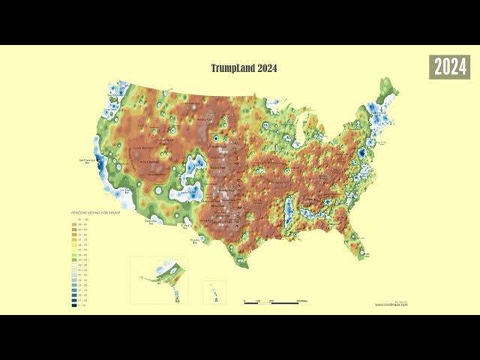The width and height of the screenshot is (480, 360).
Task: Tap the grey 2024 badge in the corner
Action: pos(449,67)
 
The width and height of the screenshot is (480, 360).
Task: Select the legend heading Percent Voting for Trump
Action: pos(91,214)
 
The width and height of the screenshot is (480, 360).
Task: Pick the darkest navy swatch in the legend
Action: pos(75,305)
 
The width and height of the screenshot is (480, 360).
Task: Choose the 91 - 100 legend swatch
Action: pos(75,219)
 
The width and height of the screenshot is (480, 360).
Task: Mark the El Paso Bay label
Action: pos(187,225)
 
